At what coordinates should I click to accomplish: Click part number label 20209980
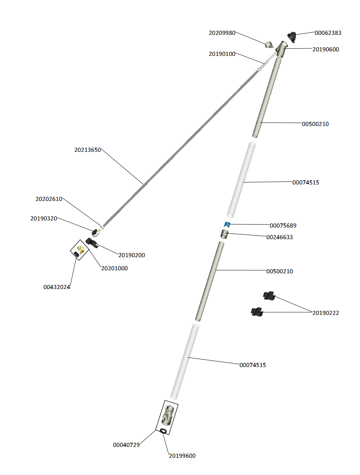(222, 33)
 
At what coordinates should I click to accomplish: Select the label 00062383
(328, 33)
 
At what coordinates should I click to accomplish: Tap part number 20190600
(325, 49)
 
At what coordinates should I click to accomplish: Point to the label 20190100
(222, 54)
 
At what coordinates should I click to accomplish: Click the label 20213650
(88, 150)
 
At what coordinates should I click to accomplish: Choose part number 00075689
(283, 226)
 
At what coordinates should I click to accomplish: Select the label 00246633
(279, 237)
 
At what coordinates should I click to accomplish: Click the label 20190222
(325, 313)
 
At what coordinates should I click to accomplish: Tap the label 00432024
(57, 287)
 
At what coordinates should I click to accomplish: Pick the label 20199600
(182, 456)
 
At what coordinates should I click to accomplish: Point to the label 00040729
(126, 445)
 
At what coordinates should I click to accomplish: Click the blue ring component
(227, 225)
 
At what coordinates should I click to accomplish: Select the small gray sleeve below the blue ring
(224, 234)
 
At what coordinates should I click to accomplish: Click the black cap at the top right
(292, 37)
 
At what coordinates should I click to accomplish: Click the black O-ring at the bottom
(163, 431)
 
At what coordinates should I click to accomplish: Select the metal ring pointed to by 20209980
(269, 45)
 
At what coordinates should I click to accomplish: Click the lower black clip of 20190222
(257, 312)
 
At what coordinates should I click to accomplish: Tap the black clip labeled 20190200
(91, 243)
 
